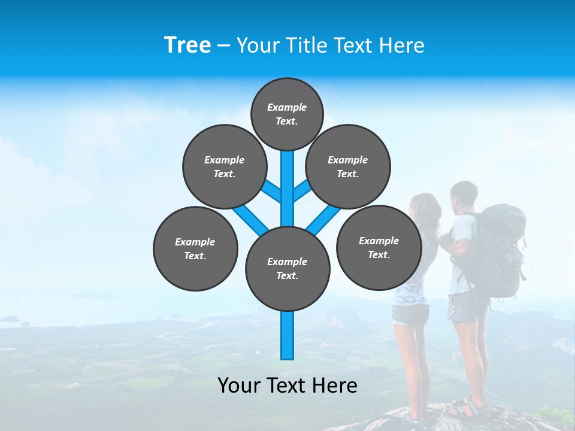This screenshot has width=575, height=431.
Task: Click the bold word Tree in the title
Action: click(187, 45)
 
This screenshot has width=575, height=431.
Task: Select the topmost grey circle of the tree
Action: click(287, 114)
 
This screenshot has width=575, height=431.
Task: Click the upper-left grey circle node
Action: click(224, 166)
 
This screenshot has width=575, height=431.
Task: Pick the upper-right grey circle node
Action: click(347, 166)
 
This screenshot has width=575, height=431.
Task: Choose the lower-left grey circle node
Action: click(195, 248)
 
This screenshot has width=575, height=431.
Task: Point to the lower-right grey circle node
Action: click(379, 247)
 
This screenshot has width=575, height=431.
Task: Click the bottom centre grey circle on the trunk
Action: click(287, 268)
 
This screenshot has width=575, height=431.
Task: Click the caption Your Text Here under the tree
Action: click(287, 386)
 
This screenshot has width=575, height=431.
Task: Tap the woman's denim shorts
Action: click(410, 314)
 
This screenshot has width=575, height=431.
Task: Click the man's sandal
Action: click(467, 406)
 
